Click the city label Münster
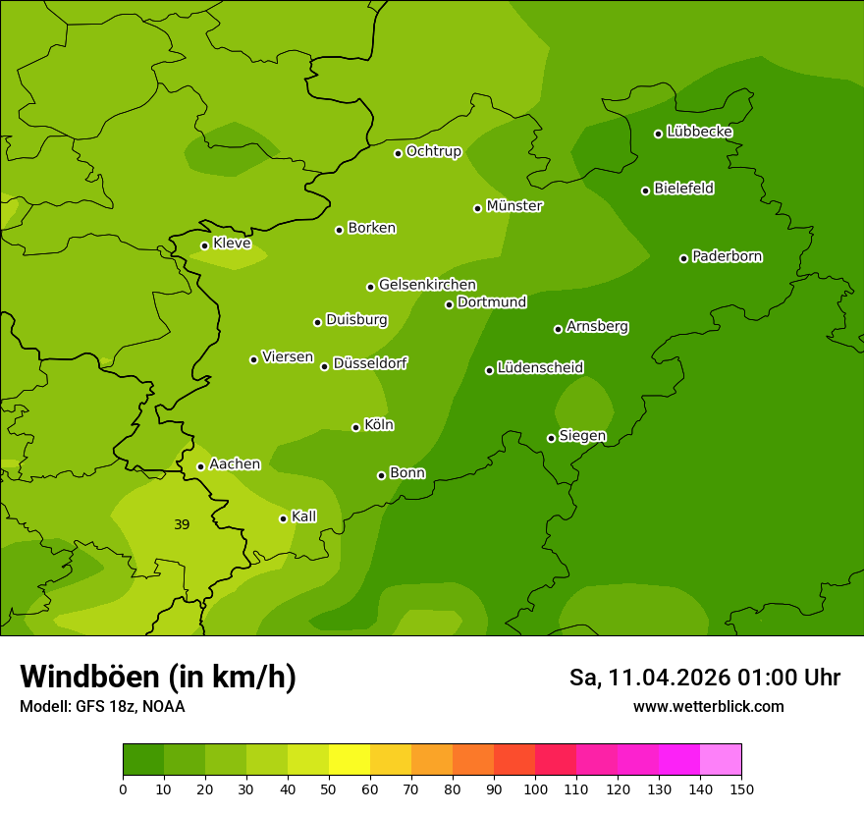point(514,206)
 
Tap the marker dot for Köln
point(355,427)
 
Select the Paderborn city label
point(728,256)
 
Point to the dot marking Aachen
point(200,466)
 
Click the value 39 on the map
point(182,524)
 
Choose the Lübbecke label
point(700,132)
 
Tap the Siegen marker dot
point(551,438)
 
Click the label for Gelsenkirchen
point(427,285)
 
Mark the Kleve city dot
point(204,245)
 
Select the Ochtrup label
point(434,151)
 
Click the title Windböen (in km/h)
point(158,677)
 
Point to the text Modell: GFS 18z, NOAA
point(102,706)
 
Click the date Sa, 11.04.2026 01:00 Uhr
point(705,678)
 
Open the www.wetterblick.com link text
point(709,706)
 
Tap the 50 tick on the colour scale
point(329,788)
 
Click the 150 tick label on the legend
point(741,788)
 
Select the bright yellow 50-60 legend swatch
point(350,760)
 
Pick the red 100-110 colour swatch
point(556,760)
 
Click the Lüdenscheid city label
point(540,368)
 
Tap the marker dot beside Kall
point(283,518)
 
